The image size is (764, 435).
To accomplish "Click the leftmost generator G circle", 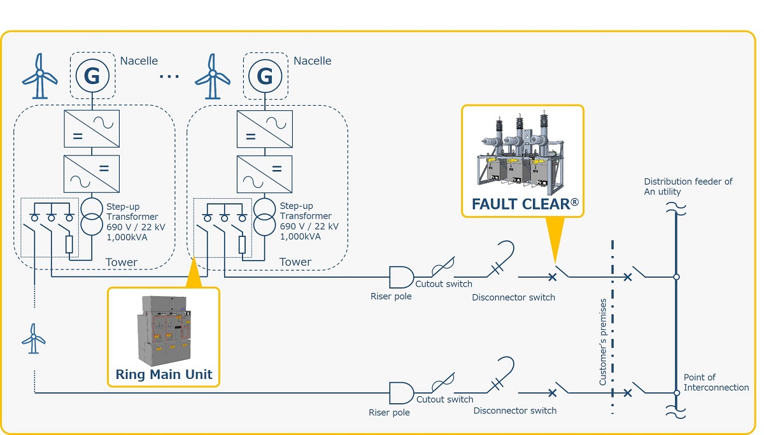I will [x=92, y=76].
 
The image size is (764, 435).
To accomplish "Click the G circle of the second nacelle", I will [x=265, y=76].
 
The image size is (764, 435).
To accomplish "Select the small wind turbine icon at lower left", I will [x=34, y=338].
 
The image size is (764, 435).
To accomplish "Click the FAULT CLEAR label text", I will [x=525, y=204].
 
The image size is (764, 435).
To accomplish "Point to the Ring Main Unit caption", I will [x=164, y=374].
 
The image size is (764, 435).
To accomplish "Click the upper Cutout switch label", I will [x=444, y=284].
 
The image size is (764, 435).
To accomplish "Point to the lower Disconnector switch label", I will [x=515, y=411].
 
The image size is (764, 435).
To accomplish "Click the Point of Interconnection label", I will [x=716, y=383].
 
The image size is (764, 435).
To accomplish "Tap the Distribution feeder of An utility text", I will [x=688, y=187].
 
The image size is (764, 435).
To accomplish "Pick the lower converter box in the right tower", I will [x=265, y=174].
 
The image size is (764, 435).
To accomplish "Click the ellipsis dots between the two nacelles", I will [x=169, y=76].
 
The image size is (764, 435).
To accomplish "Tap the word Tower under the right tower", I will [x=295, y=262].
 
